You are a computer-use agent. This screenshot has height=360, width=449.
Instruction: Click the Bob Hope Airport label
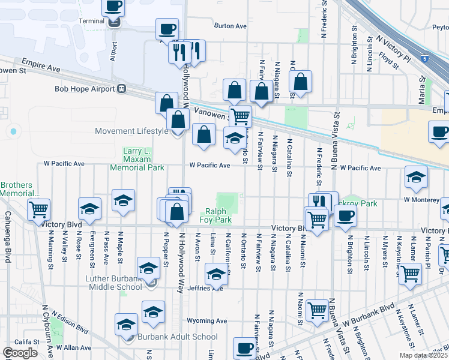pyautogui.click(x=84, y=89)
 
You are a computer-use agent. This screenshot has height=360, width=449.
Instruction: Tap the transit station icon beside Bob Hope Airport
pyautogui.click(x=122, y=89)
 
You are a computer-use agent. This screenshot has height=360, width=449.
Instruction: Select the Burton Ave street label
pyautogui.click(x=231, y=26)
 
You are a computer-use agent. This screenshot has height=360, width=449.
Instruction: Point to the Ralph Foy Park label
pyautogui.click(x=215, y=215)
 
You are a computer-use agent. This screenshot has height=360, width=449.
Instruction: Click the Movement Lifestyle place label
pyautogui.click(x=132, y=131)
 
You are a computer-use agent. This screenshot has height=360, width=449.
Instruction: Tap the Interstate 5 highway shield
pyautogui.click(x=425, y=59)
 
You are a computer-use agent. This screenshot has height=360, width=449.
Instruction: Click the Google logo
pyautogui.click(x=20, y=352)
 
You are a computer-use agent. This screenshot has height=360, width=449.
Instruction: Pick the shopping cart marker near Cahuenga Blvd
pyautogui.click(x=38, y=209)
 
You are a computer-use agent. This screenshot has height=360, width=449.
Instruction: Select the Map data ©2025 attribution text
pyautogui.click(x=423, y=355)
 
